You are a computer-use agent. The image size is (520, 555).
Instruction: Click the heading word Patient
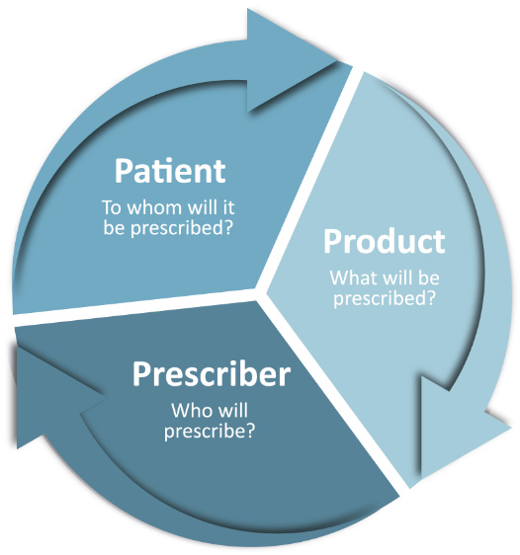(x=170, y=171)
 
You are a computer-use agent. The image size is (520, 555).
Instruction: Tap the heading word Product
(x=385, y=241)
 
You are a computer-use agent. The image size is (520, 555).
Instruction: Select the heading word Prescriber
(x=212, y=374)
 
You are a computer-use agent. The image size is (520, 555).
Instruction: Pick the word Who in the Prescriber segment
(x=189, y=411)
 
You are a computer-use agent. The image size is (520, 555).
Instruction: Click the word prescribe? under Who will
(x=210, y=432)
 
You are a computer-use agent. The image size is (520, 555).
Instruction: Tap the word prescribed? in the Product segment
(x=384, y=299)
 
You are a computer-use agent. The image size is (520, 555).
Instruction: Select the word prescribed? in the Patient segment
(x=182, y=228)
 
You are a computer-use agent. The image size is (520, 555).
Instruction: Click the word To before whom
(x=112, y=207)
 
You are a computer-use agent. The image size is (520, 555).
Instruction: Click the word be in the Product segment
(x=429, y=277)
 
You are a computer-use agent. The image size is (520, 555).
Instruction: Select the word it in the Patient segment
(x=228, y=207)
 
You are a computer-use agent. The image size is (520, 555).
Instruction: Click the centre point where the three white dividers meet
(x=260, y=291)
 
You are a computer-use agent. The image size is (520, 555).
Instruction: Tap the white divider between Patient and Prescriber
(x=136, y=308)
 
